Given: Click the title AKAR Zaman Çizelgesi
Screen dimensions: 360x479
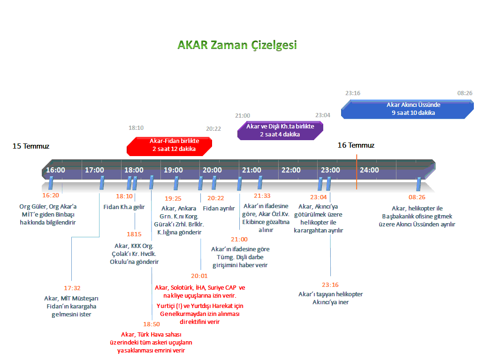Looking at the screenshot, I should (237, 45).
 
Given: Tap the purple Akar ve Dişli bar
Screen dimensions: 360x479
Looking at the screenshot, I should (281, 130).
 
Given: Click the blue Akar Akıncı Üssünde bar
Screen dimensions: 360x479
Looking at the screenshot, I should (407, 109).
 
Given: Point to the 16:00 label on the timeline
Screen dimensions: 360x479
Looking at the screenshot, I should (56, 170).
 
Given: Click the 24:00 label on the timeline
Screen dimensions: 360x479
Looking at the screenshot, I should (369, 170).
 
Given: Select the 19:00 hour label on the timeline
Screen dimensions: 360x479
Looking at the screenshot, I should (174, 170).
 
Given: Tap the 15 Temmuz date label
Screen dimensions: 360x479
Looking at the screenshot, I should (31, 146).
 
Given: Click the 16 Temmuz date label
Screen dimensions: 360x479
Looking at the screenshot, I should (356, 145).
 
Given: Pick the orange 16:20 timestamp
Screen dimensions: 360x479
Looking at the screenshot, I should (51, 195).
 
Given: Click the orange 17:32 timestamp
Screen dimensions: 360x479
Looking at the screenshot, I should (72, 288).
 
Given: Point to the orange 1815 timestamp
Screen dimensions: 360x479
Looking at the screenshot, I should (134, 234).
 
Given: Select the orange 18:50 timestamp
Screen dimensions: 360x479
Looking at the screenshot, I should (152, 324).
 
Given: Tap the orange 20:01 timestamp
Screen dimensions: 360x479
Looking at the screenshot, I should (199, 276).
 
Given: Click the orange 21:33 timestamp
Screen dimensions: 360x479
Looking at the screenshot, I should (262, 196).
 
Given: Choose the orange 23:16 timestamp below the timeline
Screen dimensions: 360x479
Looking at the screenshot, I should (330, 285).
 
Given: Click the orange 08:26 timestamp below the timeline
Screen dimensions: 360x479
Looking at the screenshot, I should (417, 197).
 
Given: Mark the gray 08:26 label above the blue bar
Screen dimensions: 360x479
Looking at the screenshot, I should (465, 93).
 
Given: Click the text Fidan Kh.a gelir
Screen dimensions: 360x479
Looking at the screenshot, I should (124, 207).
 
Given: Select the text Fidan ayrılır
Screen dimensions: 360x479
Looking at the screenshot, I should (219, 208).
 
